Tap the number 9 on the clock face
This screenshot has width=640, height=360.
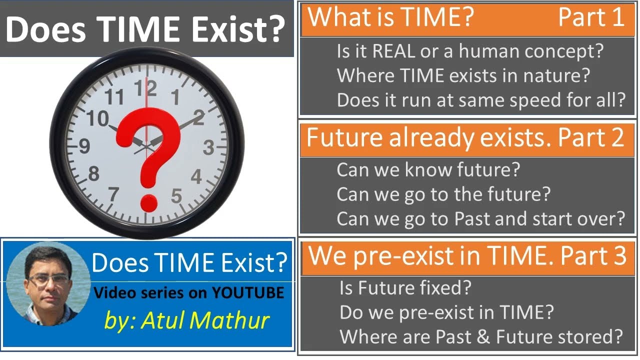click(84, 146)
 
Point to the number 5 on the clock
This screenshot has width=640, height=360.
click(176, 196)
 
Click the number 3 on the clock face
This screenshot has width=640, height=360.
click(208, 148)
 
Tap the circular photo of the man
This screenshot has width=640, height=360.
click(48, 283)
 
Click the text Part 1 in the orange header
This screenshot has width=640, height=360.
click(591, 17)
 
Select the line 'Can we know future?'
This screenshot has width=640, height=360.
click(428, 170)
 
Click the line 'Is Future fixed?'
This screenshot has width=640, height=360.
click(405, 288)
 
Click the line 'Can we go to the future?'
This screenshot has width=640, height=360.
click(443, 194)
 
